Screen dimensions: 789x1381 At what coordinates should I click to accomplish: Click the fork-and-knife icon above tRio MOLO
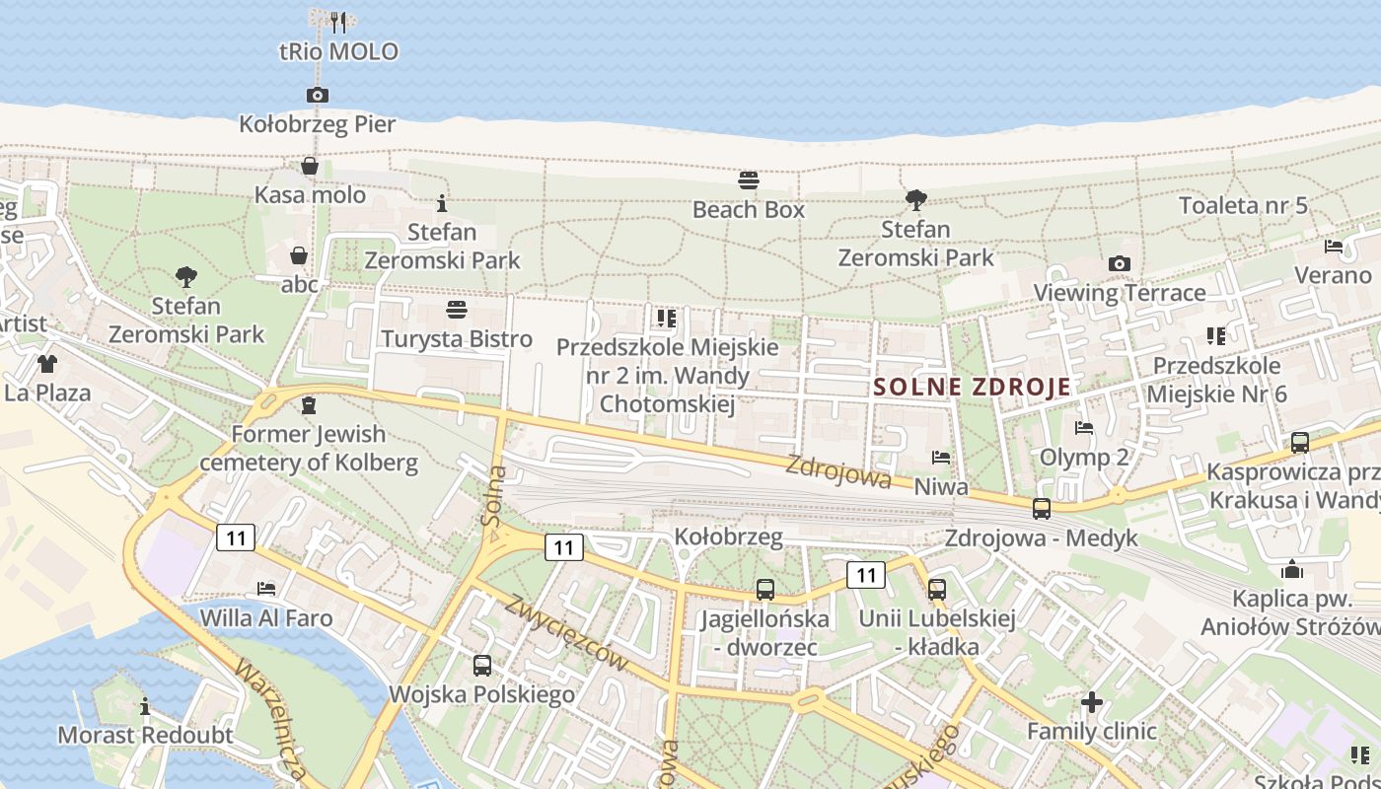point(338,20)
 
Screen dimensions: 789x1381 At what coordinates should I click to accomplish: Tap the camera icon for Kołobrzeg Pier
point(318,96)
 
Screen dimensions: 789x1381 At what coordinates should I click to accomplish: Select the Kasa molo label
point(310,194)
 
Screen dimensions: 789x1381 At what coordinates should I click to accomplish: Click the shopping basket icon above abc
point(299,256)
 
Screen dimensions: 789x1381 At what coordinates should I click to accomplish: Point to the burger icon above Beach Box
point(749,180)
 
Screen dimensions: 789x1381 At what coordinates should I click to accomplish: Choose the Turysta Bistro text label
point(457,339)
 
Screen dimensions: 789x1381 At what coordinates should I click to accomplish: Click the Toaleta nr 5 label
point(1243,205)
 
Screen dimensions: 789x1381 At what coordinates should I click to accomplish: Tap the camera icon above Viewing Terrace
point(1120,263)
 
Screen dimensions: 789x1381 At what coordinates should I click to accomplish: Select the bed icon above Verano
point(1334,247)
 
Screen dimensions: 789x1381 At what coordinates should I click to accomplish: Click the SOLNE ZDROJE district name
point(972,387)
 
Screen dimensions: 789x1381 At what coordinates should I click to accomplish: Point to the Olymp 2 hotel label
point(1084,458)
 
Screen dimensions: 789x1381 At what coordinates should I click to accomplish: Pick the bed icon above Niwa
point(941,458)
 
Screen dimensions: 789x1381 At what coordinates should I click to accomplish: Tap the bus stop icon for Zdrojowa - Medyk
point(1042,509)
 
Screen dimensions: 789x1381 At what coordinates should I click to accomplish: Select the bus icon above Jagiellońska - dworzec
point(764,590)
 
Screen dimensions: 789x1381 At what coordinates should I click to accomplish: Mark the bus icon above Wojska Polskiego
point(481,666)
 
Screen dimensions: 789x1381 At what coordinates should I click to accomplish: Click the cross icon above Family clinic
point(1091,702)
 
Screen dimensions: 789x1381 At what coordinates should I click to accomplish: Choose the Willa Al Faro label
point(265,618)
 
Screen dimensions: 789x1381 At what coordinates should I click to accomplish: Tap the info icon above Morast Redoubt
point(145,706)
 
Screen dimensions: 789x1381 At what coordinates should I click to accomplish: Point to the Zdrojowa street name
point(838,471)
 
